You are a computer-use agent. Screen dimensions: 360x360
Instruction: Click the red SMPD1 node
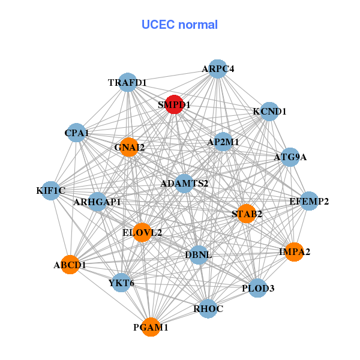click(x=174, y=104)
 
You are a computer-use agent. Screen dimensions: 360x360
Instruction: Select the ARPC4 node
click(x=218, y=69)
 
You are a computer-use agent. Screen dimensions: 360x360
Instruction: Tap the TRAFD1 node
click(x=128, y=82)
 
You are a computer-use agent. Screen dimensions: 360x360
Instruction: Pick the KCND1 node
click(x=269, y=112)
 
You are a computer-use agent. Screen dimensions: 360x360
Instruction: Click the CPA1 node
click(x=76, y=132)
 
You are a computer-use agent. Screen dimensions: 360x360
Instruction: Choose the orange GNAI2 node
click(x=129, y=146)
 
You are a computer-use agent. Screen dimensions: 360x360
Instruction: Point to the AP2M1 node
click(x=223, y=142)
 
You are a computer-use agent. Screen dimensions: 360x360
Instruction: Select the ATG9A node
click(x=290, y=157)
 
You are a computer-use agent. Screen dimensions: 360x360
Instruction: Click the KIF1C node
click(x=50, y=191)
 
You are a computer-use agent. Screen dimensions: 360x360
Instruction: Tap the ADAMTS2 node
click(x=184, y=183)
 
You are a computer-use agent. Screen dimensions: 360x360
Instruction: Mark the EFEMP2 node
click(x=309, y=201)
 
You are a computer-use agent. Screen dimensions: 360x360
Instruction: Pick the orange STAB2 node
click(x=247, y=214)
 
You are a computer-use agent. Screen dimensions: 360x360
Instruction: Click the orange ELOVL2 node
click(x=142, y=232)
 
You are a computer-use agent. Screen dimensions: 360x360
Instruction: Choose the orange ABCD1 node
click(x=70, y=265)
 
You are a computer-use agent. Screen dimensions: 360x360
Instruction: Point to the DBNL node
click(x=198, y=255)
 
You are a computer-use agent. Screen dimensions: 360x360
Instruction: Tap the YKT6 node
click(x=122, y=283)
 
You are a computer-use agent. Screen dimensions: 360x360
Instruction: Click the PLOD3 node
click(x=258, y=289)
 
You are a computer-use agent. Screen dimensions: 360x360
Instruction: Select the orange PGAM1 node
click(x=151, y=328)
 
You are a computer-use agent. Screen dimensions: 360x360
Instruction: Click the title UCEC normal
click(x=179, y=25)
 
